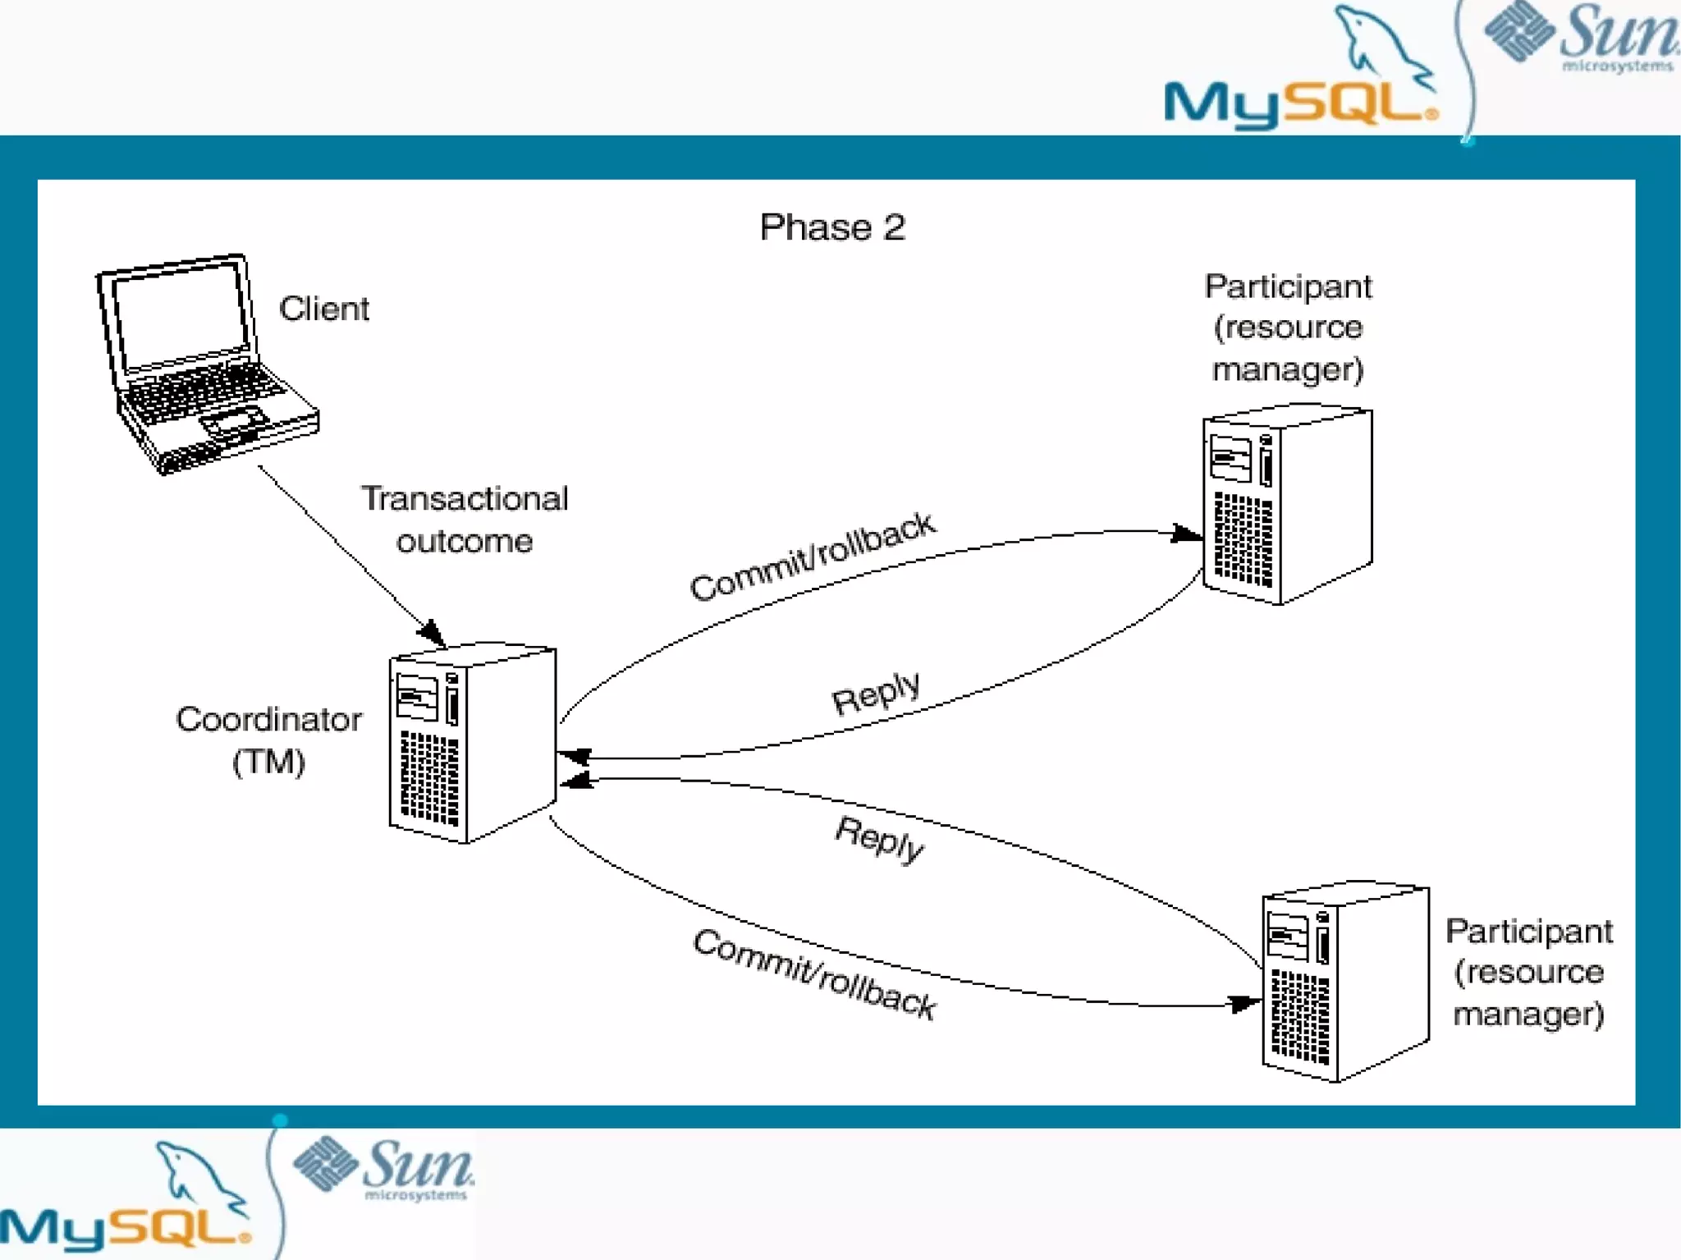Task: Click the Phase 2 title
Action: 832,227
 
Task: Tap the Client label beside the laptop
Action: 324,309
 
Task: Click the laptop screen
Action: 181,314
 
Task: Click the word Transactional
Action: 465,498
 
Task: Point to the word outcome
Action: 465,542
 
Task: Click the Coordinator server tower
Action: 472,742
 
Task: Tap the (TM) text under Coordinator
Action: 268,762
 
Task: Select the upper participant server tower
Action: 1287,504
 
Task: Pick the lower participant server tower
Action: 1345,982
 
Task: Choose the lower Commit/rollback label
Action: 814,974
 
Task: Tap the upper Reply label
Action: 876,694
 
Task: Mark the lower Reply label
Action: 879,839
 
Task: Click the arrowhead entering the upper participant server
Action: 1187,534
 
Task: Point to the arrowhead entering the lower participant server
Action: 1244,1003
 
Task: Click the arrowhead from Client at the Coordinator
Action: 432,632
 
